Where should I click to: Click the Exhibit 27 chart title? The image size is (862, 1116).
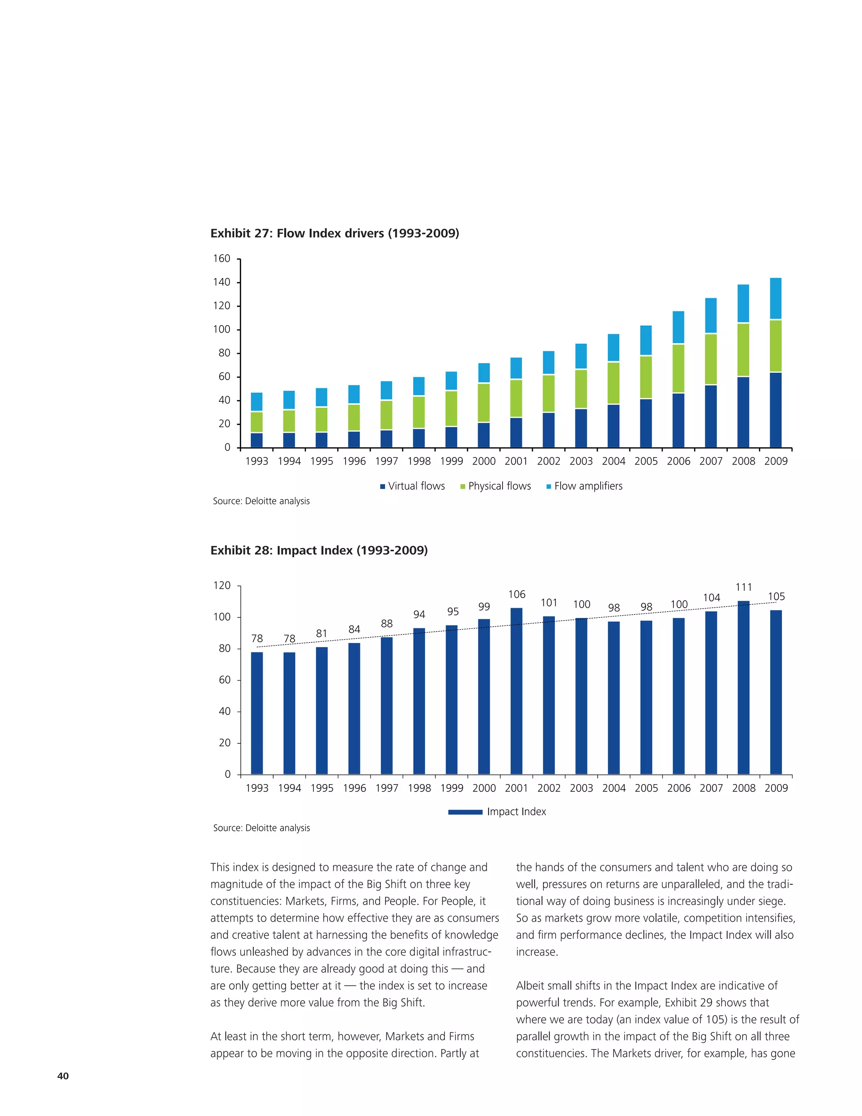[x=335, y=234]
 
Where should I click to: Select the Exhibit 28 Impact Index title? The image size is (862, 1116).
[x=319, y=550]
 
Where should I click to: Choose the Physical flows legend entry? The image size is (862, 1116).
[x=495, y=486]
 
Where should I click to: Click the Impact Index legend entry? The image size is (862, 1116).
[x=497, y=812]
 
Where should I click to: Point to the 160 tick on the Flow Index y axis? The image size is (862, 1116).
[x=222, y=259]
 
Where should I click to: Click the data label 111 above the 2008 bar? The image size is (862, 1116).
[x=744, y=587]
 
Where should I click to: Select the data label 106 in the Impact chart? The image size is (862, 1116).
[x=516, y=594]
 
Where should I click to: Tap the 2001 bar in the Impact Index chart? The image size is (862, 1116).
[x=516, y=690]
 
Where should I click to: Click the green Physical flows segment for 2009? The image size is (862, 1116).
[x=776, y=346]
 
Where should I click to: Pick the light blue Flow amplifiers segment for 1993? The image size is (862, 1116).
[x=257, y=402]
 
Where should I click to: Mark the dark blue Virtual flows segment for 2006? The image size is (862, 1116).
[x=678, y=420]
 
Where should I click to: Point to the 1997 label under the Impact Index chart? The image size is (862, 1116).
[x=386, y=788]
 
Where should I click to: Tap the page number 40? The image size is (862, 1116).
[x=63, y=1076]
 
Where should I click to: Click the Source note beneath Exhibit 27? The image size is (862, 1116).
[x=261, y=501]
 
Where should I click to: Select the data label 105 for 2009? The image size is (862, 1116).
[x=776, y=596]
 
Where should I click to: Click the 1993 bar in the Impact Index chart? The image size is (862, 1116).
[x=257, y=713]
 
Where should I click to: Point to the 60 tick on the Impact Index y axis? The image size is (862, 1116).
[x=225, y=680]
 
